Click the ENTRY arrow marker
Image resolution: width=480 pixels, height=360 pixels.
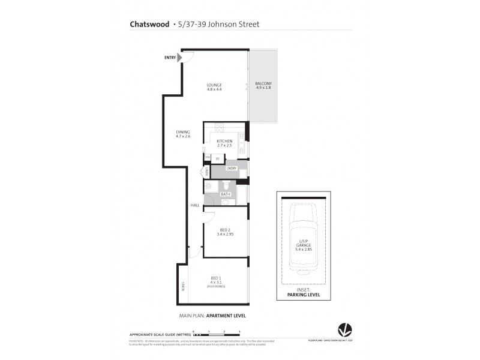tap(179, 58)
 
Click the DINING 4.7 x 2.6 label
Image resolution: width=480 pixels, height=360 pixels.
tap(183, 134)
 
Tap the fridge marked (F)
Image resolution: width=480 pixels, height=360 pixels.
tap(217, 158)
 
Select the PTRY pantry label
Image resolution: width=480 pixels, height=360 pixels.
tap(207, 158)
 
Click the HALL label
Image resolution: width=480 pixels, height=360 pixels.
tap(195, 205)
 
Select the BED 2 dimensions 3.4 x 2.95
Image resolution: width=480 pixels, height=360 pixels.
tap(226, 234)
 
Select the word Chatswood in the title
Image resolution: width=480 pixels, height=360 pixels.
tap(148, 25)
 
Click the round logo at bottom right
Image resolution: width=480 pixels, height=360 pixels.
tap(344, 328)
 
